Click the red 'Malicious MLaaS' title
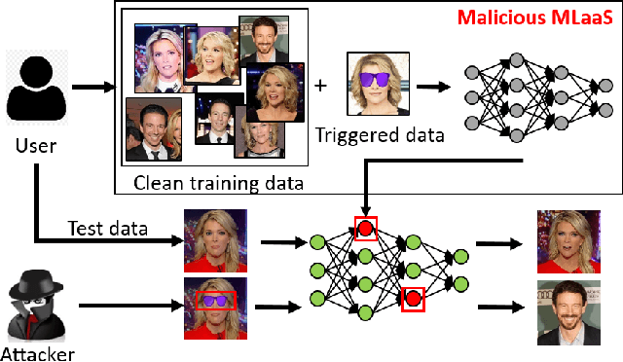(534, 17)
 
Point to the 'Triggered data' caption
(380, 135)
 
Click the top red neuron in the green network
(365, 229)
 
